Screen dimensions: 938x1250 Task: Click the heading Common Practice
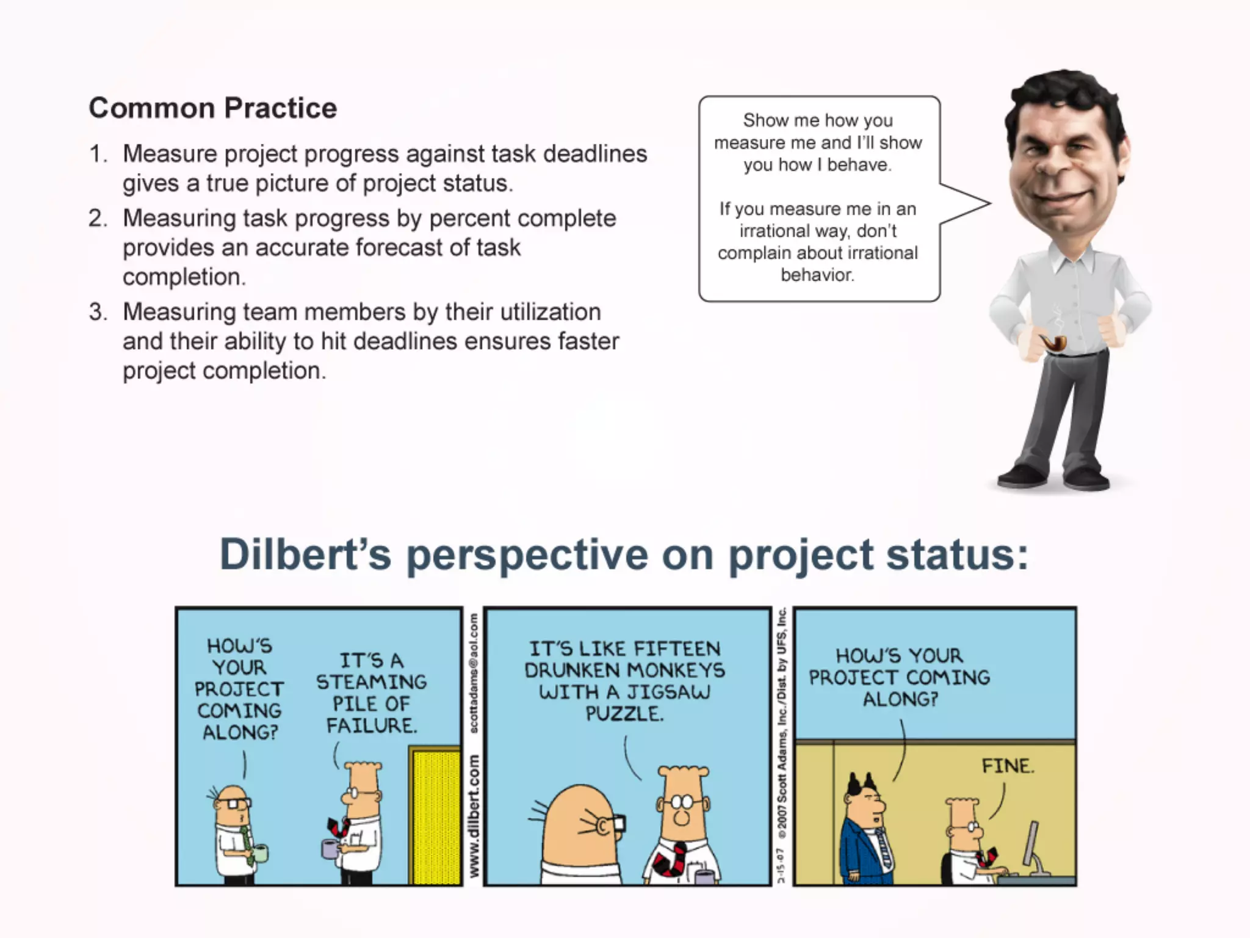click(212, 108)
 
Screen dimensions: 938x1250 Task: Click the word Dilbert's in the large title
click(305, 554)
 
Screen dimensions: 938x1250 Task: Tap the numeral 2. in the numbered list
click(98, 218)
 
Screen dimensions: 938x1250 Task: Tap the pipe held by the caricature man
click(1053, 343)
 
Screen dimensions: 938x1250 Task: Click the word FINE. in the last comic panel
click(1008, 766)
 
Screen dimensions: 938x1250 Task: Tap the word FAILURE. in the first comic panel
click(371, 725)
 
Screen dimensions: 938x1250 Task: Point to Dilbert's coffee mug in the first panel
click(330, 848)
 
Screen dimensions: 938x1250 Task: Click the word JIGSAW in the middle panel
click(668, 692)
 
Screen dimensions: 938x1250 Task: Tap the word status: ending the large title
click(956, 554)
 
